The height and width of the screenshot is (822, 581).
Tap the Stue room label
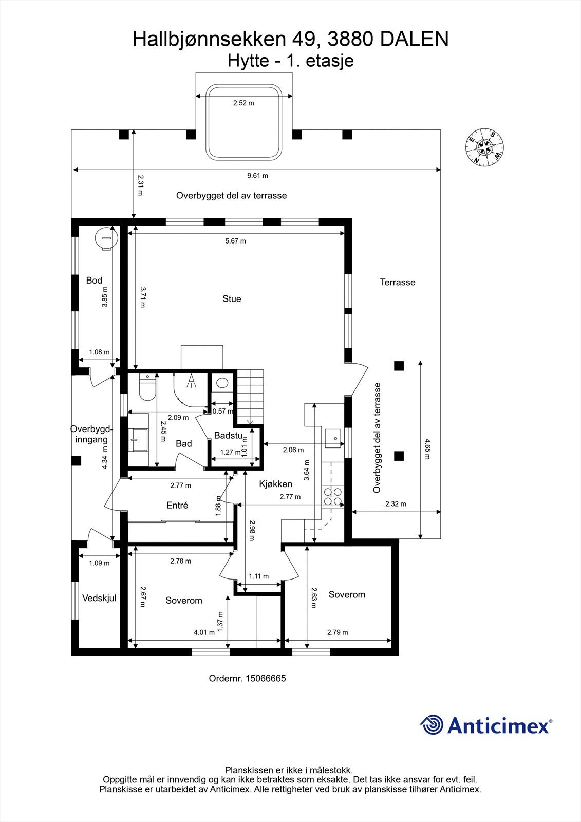click(232, 299)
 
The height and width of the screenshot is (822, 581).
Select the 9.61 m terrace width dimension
click(257, 176)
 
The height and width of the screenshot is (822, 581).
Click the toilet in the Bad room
click(147, 389)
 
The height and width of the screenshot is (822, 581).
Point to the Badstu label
click(228, 436)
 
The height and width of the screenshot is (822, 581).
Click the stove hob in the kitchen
click(332, 496)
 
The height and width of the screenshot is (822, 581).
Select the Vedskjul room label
click(99, 598)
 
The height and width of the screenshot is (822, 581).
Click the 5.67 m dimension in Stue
click(235, 241)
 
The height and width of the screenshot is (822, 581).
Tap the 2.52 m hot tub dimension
click(243, 103)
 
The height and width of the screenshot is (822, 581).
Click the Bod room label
click(94, 281)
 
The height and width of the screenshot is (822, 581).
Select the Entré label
click(177, 506)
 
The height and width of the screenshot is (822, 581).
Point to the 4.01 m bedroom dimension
click(204, 632)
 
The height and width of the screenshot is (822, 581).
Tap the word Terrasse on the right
click(398, 282)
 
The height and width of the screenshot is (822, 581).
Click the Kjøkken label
click(275, 484)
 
